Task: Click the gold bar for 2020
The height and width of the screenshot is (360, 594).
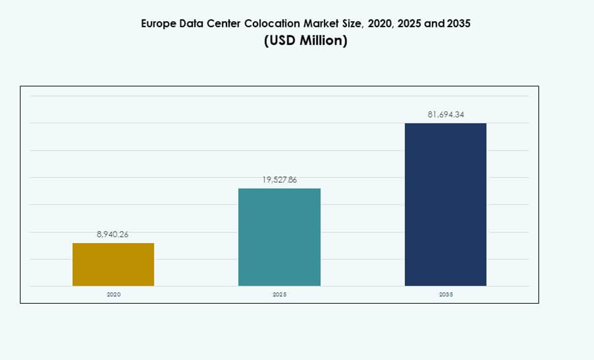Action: click(x=113, y=264)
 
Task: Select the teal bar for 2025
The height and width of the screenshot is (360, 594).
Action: click(x=279, y=237)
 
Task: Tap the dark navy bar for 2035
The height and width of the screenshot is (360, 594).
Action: click(x=446, y=204)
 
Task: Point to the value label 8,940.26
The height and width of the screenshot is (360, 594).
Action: click(x=113, y=234)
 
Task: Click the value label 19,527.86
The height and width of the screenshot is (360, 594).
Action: click(x=279, y=180)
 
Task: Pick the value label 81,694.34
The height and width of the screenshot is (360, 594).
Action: click(x=446, y=115)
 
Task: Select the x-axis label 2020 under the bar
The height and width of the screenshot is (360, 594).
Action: click(x=113, y=294)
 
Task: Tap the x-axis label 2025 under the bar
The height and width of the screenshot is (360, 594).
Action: click(x=279, y=294)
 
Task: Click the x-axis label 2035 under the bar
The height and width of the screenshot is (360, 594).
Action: click(x=446, y=294)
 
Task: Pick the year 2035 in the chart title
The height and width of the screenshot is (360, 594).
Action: click(x=458, y=24)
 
